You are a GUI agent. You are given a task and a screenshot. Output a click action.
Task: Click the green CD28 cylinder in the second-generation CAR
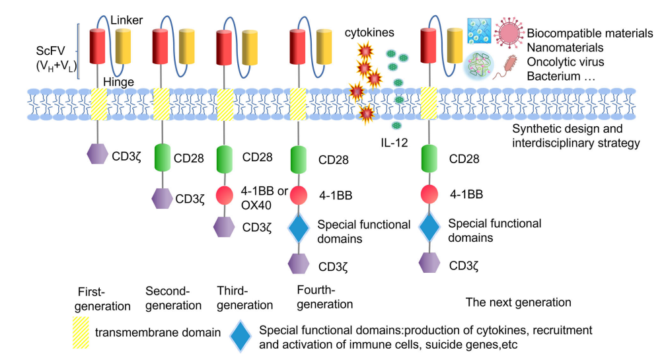click(163, 159)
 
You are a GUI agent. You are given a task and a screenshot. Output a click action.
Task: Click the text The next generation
click(518, 303)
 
